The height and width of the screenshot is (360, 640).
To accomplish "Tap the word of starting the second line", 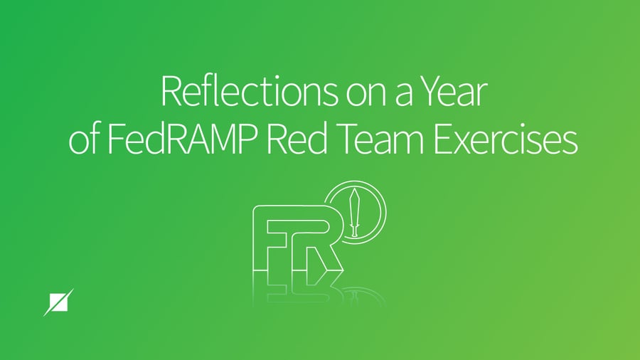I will [x=83, y=140].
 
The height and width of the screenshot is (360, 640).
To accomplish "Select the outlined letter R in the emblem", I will [x=319, y=243].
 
